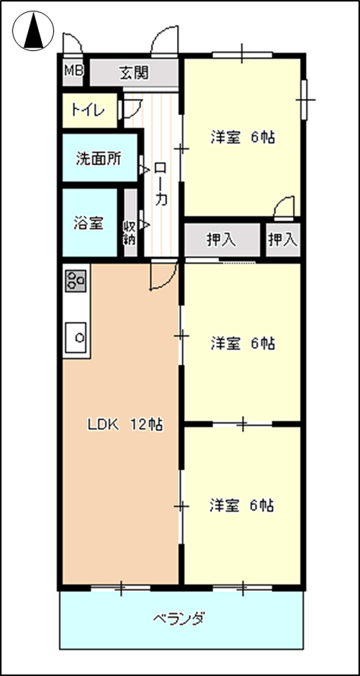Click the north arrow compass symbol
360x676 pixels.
[33, 31]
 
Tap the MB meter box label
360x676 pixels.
[73, 70]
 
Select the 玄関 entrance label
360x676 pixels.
[134, 73]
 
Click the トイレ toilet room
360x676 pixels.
[90, 110]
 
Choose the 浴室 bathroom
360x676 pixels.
[90, 222]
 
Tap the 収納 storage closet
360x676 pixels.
[130, 223]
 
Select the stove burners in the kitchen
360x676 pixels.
[76, 279]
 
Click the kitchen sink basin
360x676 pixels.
[76, 338]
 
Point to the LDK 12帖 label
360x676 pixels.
[125, 425]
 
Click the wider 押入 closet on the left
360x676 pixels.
[222, 240]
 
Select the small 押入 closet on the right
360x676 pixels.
[283, 240]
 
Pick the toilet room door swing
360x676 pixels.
[132, 109]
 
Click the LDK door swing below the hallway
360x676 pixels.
[163, 274]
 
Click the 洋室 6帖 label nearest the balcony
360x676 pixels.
[242, 505]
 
